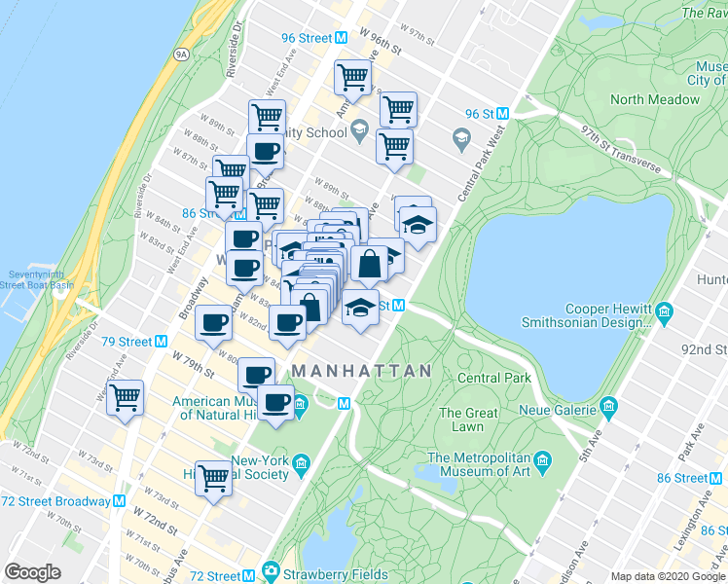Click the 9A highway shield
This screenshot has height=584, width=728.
coord(180,55)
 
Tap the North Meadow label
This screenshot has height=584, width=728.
coord(654,99)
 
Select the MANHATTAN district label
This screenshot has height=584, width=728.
coord(361,371)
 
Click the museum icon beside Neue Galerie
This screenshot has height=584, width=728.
coord(609,404)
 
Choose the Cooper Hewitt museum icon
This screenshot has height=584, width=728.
coord(665,313)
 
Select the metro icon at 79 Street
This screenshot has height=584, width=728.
coord(162,342)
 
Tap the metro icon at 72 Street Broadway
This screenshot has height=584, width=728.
coord(120,501)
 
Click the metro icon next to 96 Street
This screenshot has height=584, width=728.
coord(342,38)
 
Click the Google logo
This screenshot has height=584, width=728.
coord(33,571)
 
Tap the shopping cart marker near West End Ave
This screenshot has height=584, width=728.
coord(126,398)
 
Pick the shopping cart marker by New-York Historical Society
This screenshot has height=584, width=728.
coord(213,478)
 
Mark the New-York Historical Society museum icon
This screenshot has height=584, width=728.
coord(301,460)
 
